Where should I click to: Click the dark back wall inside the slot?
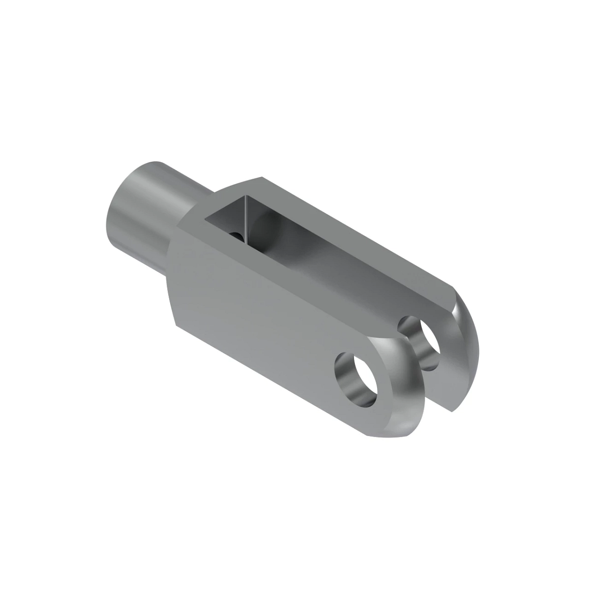tap(231, 216)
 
